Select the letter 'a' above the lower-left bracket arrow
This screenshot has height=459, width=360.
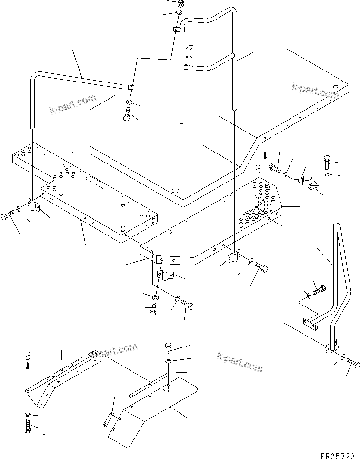(28, 355)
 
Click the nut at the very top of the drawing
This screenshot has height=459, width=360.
(180, 3)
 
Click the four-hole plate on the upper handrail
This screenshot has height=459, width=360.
(189, 55)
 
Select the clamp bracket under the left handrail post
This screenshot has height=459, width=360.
(33, 205)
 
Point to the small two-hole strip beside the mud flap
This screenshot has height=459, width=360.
(109, 417)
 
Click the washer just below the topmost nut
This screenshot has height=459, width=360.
(180, 12)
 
